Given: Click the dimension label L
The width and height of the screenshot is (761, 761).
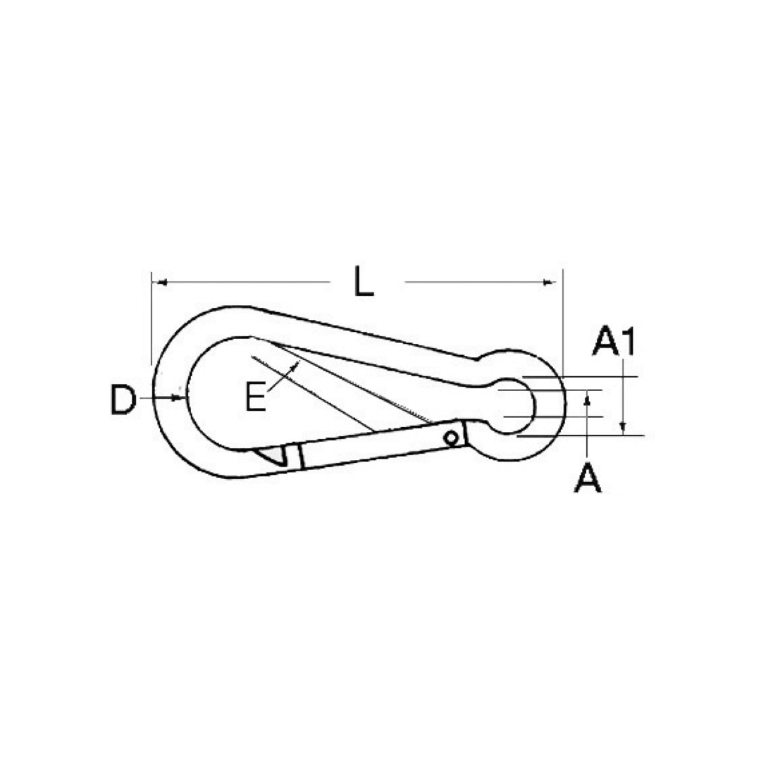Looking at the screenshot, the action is point(364,280).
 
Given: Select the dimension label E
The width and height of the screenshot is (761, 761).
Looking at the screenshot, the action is point(256,397).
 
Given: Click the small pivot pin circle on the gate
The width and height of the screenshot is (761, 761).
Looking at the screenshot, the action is point(452,438).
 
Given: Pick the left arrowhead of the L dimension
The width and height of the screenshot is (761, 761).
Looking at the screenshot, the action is point(163,282).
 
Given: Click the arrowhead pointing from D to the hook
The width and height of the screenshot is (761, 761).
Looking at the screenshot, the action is point(180,398).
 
